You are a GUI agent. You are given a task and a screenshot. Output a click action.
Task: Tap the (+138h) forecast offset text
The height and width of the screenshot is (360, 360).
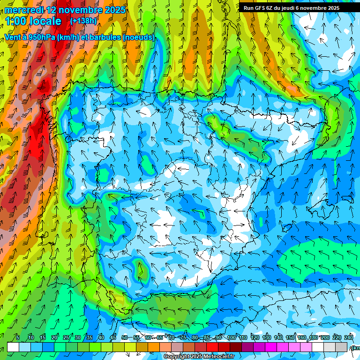[84, 21]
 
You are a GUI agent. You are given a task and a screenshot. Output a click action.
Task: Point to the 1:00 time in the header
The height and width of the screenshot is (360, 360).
[16, 21]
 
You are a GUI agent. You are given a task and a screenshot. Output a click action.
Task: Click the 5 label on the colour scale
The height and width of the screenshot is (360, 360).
[18, 337]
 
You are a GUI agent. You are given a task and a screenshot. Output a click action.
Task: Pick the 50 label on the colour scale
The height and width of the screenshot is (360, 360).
[125, 337]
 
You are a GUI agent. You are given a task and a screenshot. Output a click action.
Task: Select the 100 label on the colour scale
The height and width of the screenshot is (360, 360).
[231, 337]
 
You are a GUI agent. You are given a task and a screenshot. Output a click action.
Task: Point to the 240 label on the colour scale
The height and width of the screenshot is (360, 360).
[349, 337]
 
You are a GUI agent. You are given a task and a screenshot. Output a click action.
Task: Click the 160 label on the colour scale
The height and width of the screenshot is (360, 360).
[302, 337]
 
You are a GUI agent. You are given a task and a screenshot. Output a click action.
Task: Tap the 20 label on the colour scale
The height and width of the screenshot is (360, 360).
[54, 337]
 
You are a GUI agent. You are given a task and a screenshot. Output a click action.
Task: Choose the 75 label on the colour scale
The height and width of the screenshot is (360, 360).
[183, 337]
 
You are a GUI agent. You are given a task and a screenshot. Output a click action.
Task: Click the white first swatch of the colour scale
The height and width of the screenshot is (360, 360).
[13, 347]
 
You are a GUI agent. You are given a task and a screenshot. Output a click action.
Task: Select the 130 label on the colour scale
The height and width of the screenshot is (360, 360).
[267, 337]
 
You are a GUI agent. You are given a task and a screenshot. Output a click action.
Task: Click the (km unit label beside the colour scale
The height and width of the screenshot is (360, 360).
[355, 347]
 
